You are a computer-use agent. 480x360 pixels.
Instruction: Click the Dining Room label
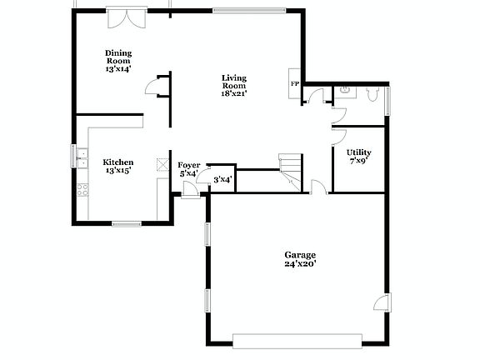pos(118,57)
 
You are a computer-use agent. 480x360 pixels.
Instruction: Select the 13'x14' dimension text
pos(118,69)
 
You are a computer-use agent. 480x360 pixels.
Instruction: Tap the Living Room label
pos(234,82)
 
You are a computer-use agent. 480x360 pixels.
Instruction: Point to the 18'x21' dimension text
pos(234,92)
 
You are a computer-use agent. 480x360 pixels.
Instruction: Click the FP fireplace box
pos(294,84)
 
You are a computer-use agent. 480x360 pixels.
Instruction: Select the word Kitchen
pos(117,162)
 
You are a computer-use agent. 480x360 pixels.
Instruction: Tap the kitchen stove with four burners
pos(82,189)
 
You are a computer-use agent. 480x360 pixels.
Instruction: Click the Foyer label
pos(189,165)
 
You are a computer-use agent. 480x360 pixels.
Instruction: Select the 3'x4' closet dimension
pos(222,179)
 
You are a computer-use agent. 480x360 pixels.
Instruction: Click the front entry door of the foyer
pos(190,191)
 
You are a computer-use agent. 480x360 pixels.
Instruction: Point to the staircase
pos(290,171)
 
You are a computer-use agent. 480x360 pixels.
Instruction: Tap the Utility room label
pos(358,152)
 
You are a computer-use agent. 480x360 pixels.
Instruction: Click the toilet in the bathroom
pos(345,92)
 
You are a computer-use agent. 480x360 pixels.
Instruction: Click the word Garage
pos(300,254)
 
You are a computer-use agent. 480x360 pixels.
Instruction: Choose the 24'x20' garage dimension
pos(300,264)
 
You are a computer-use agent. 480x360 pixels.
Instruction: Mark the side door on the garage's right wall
pos(382,302)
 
